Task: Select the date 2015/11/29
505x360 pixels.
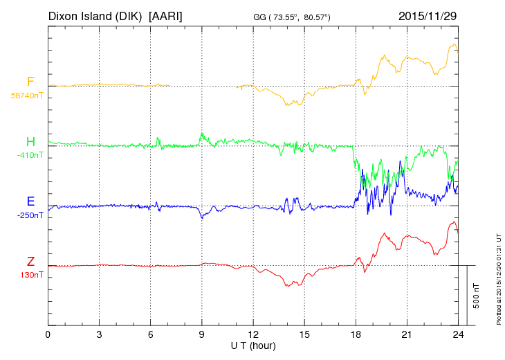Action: [x=428, y=16]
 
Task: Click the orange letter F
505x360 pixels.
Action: [x=30, y=82]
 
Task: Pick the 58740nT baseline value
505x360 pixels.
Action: [x=27, y=96]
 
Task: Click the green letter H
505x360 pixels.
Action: [x=30, y=143]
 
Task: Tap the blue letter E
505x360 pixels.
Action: [x=30, y=201]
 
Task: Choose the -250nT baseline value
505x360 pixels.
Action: [x=30, y=215]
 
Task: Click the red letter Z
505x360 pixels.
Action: [x=30, y=261]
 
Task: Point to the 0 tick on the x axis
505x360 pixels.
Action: [x=48, y=334]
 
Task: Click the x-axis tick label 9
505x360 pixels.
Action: [x=202, y=334]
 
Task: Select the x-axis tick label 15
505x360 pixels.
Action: [x=304, y=334]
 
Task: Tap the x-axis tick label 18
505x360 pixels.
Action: [x=356, y=334]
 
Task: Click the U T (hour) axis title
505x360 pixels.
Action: [x=253, y=345]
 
